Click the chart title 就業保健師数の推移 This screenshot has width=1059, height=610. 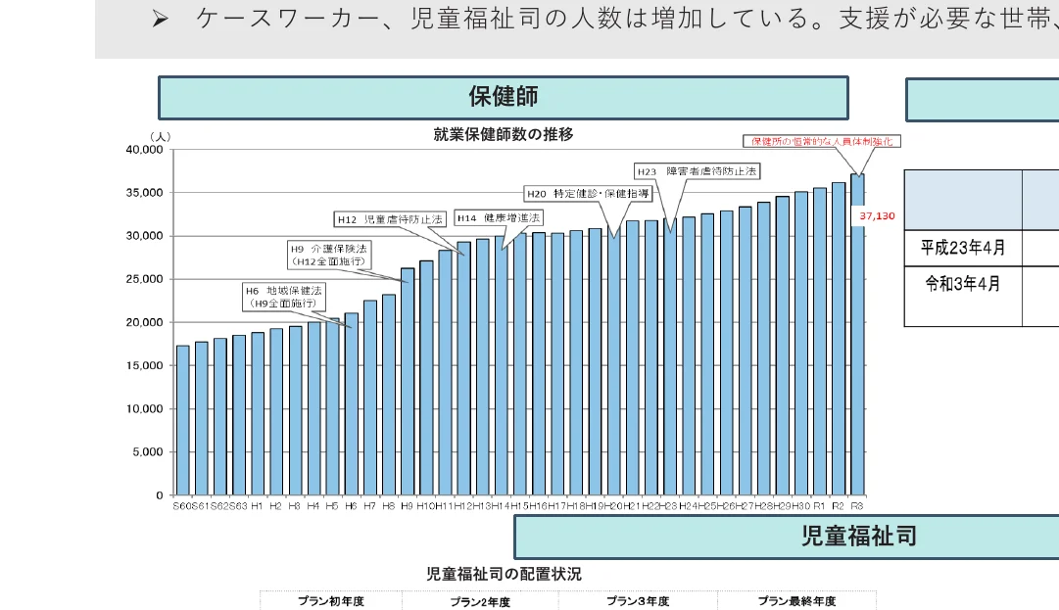coord(504,134)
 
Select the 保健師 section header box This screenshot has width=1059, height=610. coord(504,98)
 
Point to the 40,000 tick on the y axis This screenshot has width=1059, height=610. coord(145,150)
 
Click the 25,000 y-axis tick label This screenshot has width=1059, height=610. coord(145,279)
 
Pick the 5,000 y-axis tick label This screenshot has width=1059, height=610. coord(150,452)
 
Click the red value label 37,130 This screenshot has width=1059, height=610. coord(877,215)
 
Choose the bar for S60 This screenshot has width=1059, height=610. coord(182,420)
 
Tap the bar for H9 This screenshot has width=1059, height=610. coord(408,381)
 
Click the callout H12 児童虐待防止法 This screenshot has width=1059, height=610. coord(390,219)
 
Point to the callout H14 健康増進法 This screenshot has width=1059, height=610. coord(499,217)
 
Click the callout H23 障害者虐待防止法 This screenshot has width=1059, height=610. coord(697,170)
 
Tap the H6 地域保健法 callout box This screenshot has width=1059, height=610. coord(284,297)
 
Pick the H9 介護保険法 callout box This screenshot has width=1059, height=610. coord(328,255)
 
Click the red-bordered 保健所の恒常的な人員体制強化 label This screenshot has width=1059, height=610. coord(821,141)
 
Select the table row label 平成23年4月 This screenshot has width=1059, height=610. coord(963,248)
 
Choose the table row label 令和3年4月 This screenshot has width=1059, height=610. coord(963,285)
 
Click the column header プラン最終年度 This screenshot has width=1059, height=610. coord(796,601)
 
